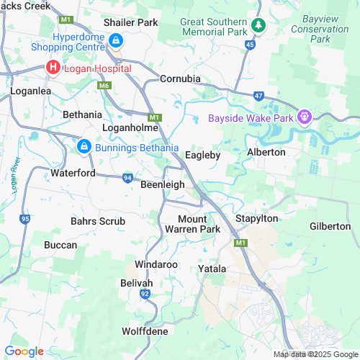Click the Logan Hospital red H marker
53,68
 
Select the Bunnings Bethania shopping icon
84,147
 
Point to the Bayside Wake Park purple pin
305,116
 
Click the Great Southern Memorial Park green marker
258,26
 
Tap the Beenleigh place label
162,185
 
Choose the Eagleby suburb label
202,155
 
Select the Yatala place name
212,269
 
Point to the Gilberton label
330,226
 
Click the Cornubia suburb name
180,78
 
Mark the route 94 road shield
127,177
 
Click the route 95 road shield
26,217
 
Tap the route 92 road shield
145,294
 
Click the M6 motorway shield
105,86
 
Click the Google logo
24,351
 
